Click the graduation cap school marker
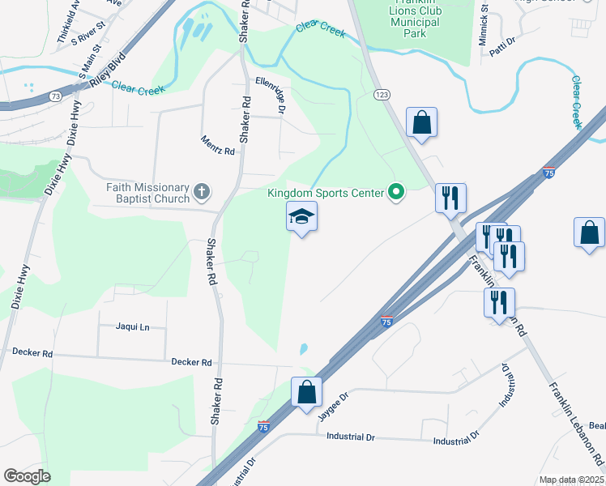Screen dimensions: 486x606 (301, 217)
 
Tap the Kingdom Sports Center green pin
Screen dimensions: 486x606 (396, 192)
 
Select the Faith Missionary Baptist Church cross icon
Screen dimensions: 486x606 (202, 192)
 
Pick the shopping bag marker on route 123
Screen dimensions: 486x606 (422, 123)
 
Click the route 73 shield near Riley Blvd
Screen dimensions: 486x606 (55, 96)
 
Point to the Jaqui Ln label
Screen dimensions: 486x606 (134, 326)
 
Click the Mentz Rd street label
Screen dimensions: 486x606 (217, 145)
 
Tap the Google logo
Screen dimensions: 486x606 (27, 476)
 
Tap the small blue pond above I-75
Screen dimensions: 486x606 (304, 349)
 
